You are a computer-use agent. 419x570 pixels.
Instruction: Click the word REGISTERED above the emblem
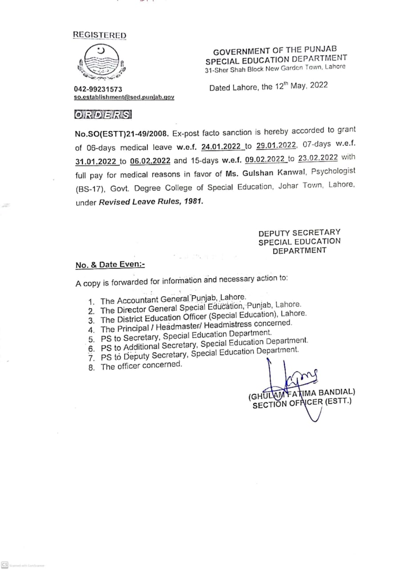point(99,35)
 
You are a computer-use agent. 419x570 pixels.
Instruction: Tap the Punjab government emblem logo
point(101,62)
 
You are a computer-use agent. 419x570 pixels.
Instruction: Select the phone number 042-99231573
point(98,90)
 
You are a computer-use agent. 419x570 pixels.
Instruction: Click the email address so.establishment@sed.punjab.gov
point(124,97)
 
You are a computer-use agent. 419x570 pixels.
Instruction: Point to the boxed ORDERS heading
point(103,114)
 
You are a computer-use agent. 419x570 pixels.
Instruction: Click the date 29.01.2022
point(276,146)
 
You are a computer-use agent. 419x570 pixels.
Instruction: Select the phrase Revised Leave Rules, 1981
point(151,201)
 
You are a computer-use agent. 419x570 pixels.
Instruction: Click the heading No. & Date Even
point(110,265)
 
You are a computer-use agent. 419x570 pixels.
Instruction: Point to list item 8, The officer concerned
point(141,366)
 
